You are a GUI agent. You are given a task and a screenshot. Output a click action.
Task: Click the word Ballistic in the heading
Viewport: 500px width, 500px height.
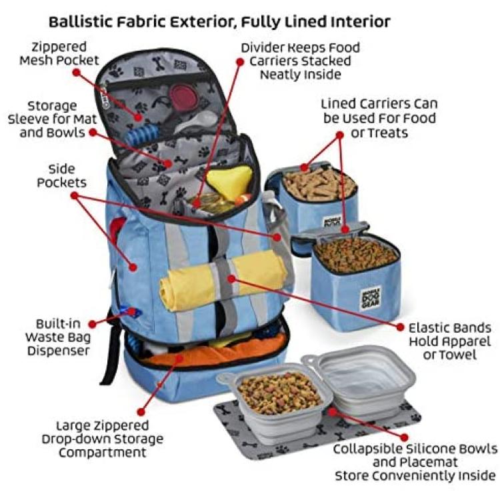pyautogui.click(x=81, y=22)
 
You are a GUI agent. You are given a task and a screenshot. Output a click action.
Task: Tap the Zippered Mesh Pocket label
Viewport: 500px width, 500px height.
pyautogui.click(x=59, y=53)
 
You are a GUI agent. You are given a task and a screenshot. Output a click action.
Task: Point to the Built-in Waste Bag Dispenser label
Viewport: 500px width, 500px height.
pyautogui.click(x=58, y=337)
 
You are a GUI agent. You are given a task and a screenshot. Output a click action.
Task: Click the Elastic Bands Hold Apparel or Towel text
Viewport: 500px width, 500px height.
pyautogui.click(x=449, y=341)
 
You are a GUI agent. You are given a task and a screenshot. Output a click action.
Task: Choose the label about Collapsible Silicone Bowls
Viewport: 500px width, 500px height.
pyautogui.click(x=415, y=462)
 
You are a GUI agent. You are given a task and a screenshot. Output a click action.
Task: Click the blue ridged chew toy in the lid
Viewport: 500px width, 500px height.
pyautogui.click(x=140, y=135)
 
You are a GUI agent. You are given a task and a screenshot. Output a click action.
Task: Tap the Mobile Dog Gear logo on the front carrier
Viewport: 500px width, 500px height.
pyautogui.click(x=370, y=299)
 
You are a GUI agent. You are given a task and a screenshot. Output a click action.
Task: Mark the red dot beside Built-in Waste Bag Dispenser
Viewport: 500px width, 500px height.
pyautogui.click(x=93, y=324)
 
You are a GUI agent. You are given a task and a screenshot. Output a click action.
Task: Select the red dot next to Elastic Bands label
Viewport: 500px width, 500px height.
pyautogui.click(x=400, y=327)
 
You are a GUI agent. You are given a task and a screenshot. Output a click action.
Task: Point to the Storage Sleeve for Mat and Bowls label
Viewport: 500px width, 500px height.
pyautogui.click(x=52, y=119)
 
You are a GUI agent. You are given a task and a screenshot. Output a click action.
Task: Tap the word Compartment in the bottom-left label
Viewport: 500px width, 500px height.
pyautogui.click(x=103, y=452)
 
